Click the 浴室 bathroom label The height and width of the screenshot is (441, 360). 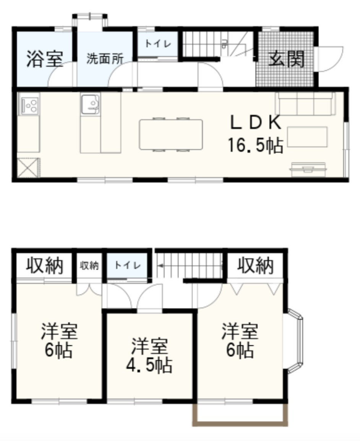(44, 59)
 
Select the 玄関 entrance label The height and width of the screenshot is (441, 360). (286, 59)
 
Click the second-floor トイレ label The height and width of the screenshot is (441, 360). (127, 265)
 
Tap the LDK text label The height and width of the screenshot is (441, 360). (255, 123)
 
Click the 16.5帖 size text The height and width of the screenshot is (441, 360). (255, 145)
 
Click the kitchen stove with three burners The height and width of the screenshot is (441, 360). (29, 104)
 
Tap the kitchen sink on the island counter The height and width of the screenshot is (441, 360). (90, 104)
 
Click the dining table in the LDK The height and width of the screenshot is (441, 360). (171, 135)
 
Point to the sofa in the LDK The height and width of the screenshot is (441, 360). (305, 104)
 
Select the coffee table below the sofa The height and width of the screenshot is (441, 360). (307, 137)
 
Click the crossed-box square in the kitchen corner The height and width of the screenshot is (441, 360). (28, 168)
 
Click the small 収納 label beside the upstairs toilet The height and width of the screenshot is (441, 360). (89, 265)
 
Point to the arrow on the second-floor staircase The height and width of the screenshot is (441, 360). (161, 265)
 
